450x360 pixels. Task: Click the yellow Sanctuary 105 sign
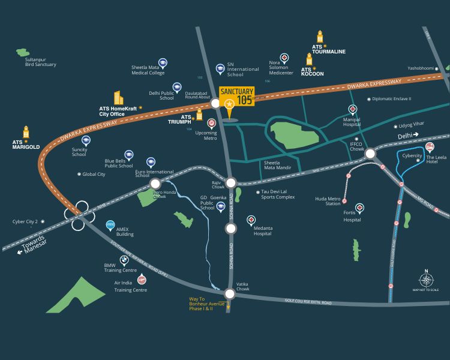click(236, 96)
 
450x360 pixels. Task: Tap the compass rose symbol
click(426, 280)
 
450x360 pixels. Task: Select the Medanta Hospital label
click(262, 230)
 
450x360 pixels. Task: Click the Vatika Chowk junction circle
click(230, 294)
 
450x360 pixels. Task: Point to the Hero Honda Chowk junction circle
click(155, 184)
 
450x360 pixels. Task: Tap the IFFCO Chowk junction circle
click(370, 154)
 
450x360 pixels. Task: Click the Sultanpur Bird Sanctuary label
click(41, 62)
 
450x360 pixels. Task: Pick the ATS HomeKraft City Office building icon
click(118, 98)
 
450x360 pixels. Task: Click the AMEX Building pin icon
click(110, 226)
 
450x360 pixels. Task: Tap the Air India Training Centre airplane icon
click(142, 280)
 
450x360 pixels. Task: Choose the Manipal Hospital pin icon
click(353, 109)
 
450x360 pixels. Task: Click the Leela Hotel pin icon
click(430, 148)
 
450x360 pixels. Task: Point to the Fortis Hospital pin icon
click(359, 208)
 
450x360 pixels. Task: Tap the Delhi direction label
click(405, 137)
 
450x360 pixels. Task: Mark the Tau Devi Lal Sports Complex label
click(278, 194)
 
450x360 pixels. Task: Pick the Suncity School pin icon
click(86, 140)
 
